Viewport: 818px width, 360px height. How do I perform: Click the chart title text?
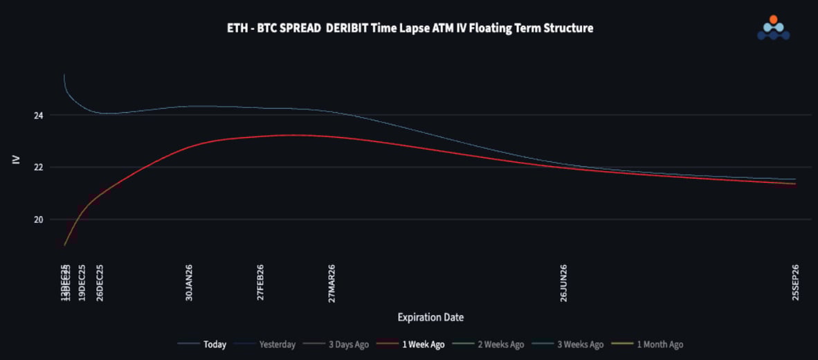pyautogui.click(x=410, y=28)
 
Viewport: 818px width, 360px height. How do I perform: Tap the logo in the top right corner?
pyautogui.click(x=773, y=28)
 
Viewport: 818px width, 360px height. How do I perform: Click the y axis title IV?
pyautogui.click(x=16, y=160)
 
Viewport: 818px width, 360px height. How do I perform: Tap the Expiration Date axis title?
pyautogui.click(x=430, y=317)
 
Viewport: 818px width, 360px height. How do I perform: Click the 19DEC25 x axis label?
pyautogui.click(x=82, y=282)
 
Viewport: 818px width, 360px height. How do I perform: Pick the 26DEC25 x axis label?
pyautogui.click(x=100, y=282)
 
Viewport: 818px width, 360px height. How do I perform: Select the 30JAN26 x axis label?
pyautogui.click(x=189, y=282)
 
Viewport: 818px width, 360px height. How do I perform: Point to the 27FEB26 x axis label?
pyautogui.click(x=260, y=282)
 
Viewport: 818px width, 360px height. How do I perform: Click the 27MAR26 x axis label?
pyautogui.click(x=332, y=282)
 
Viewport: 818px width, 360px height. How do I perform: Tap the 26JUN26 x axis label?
pyautogui.click(x=563, y=282)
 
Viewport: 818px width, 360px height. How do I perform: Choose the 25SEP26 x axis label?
pyautogui.click(x=796, y=282)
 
